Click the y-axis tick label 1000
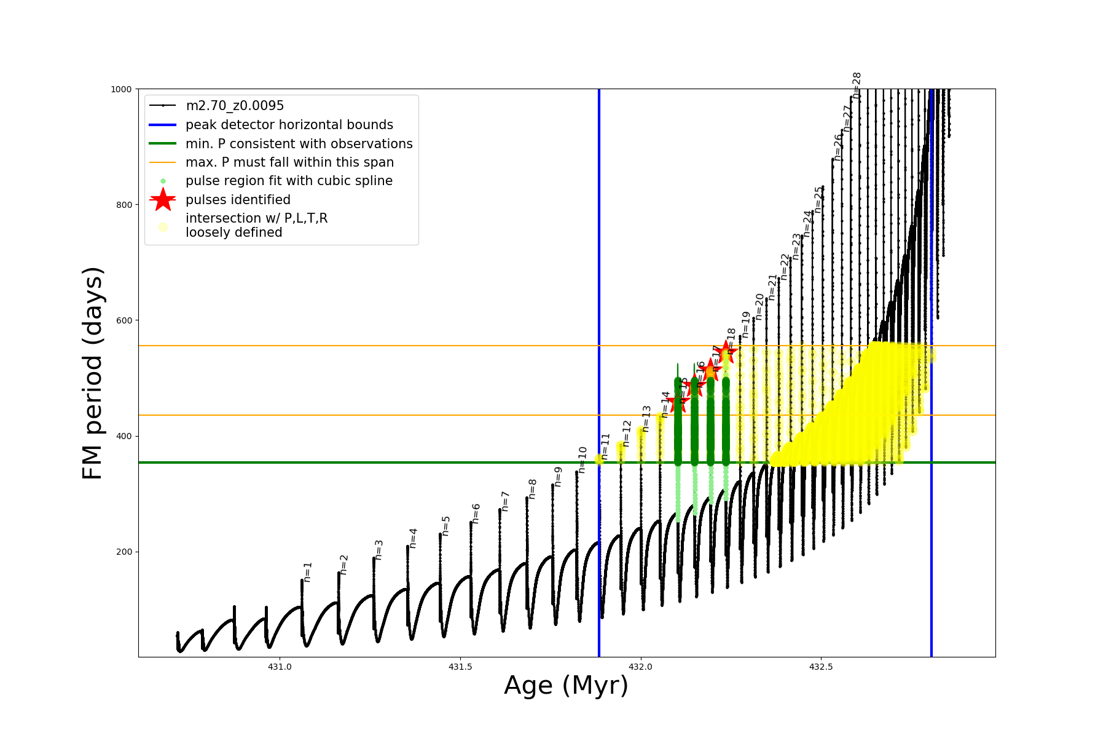pos(121,89)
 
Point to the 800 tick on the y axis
pos(124,205)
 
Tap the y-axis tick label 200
pos(124,552)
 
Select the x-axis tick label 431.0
pos(280,667)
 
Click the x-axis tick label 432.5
pos(822,667)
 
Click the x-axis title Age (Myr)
pos(566,686)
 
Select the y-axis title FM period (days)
pos(92,373)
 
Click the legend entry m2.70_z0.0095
pos(235,106)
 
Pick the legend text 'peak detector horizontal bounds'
pos(289,125)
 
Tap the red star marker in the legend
pos(163,199)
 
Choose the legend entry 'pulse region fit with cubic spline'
pos(289,181)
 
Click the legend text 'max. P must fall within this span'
pos(289,162)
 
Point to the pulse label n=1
pos(308,571)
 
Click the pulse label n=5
pos(446,526)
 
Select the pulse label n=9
pos(558,477)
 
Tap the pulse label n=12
pos(626,433)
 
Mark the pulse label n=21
pos(772,287)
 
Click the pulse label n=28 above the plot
pos(857,85)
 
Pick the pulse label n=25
pos(818,199)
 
